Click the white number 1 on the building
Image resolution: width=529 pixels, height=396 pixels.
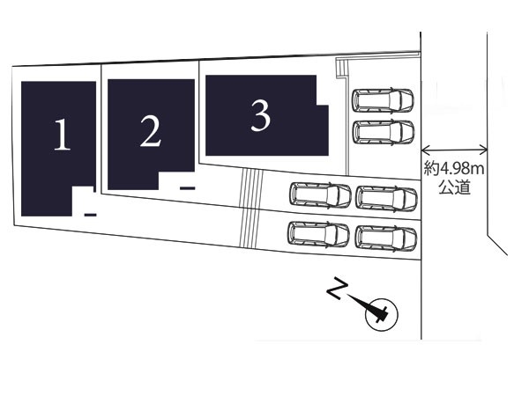click(63, 134)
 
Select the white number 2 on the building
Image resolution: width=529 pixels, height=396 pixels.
click(151, 130)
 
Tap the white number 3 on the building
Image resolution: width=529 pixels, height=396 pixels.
click(260, 116)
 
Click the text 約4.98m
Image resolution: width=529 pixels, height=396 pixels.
click(454, 169)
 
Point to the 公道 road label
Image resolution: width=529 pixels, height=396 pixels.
click(454, 187)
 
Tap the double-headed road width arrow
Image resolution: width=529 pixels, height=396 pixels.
click(454, 149)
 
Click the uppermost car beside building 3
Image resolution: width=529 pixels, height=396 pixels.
click(383, 100)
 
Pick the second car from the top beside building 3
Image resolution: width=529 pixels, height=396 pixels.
click(384, 132)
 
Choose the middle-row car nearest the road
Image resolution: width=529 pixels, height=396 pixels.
click(387, 199)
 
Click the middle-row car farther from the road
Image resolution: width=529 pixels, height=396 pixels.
click(320, 195)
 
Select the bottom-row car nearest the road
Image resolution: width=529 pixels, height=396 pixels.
click(386, 238)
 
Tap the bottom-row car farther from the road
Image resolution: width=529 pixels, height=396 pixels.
click(318, 235)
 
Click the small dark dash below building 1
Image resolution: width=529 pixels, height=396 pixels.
click(91, 215)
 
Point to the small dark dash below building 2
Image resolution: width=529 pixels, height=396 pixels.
click(187, 188)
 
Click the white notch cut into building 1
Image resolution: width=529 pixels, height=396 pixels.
click(83, 201)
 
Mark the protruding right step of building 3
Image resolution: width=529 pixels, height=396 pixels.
click(322, 130)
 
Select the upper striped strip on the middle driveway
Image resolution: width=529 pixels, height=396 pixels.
click(251, 188)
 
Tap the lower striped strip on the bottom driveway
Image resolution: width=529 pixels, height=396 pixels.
click(249, 228)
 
